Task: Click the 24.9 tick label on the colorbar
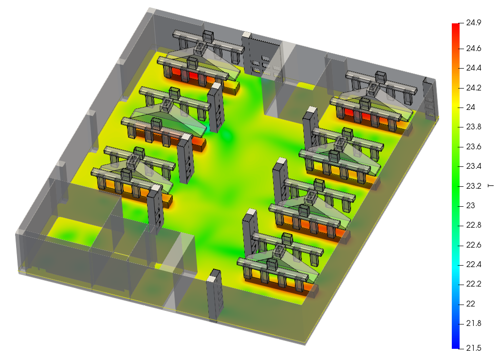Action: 473,22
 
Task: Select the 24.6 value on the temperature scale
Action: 473,49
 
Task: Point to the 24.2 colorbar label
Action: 473,88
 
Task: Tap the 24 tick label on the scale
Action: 470,108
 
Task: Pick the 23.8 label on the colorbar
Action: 473,127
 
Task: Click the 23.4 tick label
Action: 473,166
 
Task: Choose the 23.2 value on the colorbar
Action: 473,186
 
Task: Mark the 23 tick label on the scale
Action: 470,205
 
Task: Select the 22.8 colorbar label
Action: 473,225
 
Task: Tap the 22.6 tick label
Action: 473,245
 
